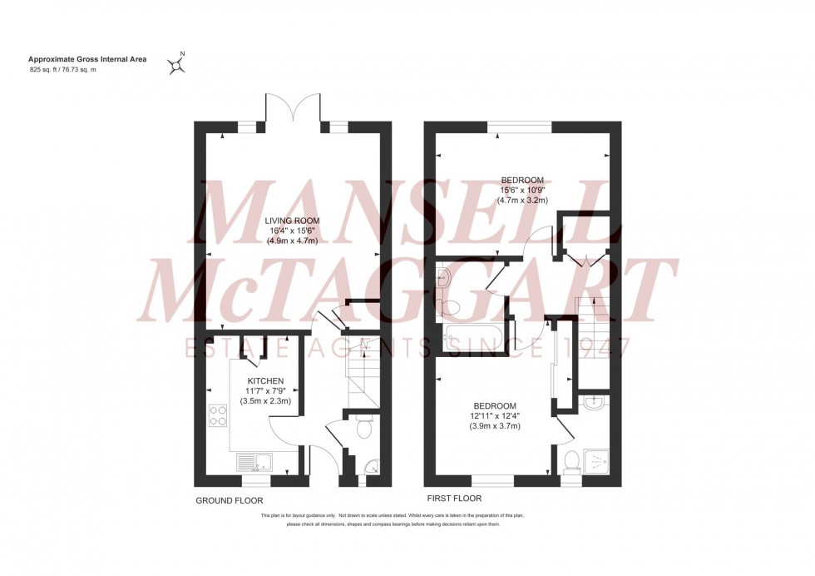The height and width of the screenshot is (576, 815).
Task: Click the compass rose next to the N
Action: click(175, 65)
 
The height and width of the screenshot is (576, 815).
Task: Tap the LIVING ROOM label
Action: click(292, 221)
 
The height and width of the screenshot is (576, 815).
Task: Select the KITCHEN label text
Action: click(264, 380)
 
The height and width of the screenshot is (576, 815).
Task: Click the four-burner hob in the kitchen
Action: click(218, 415)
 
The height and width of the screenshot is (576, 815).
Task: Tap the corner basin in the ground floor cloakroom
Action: click(371, 468)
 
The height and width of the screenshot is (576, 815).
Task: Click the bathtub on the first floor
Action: click(469, 339)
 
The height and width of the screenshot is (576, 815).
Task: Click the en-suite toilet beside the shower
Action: click(571, 459)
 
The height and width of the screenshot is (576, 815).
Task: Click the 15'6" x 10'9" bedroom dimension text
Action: click(522, 191)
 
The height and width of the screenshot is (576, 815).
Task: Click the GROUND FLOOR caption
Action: click(229, 501)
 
